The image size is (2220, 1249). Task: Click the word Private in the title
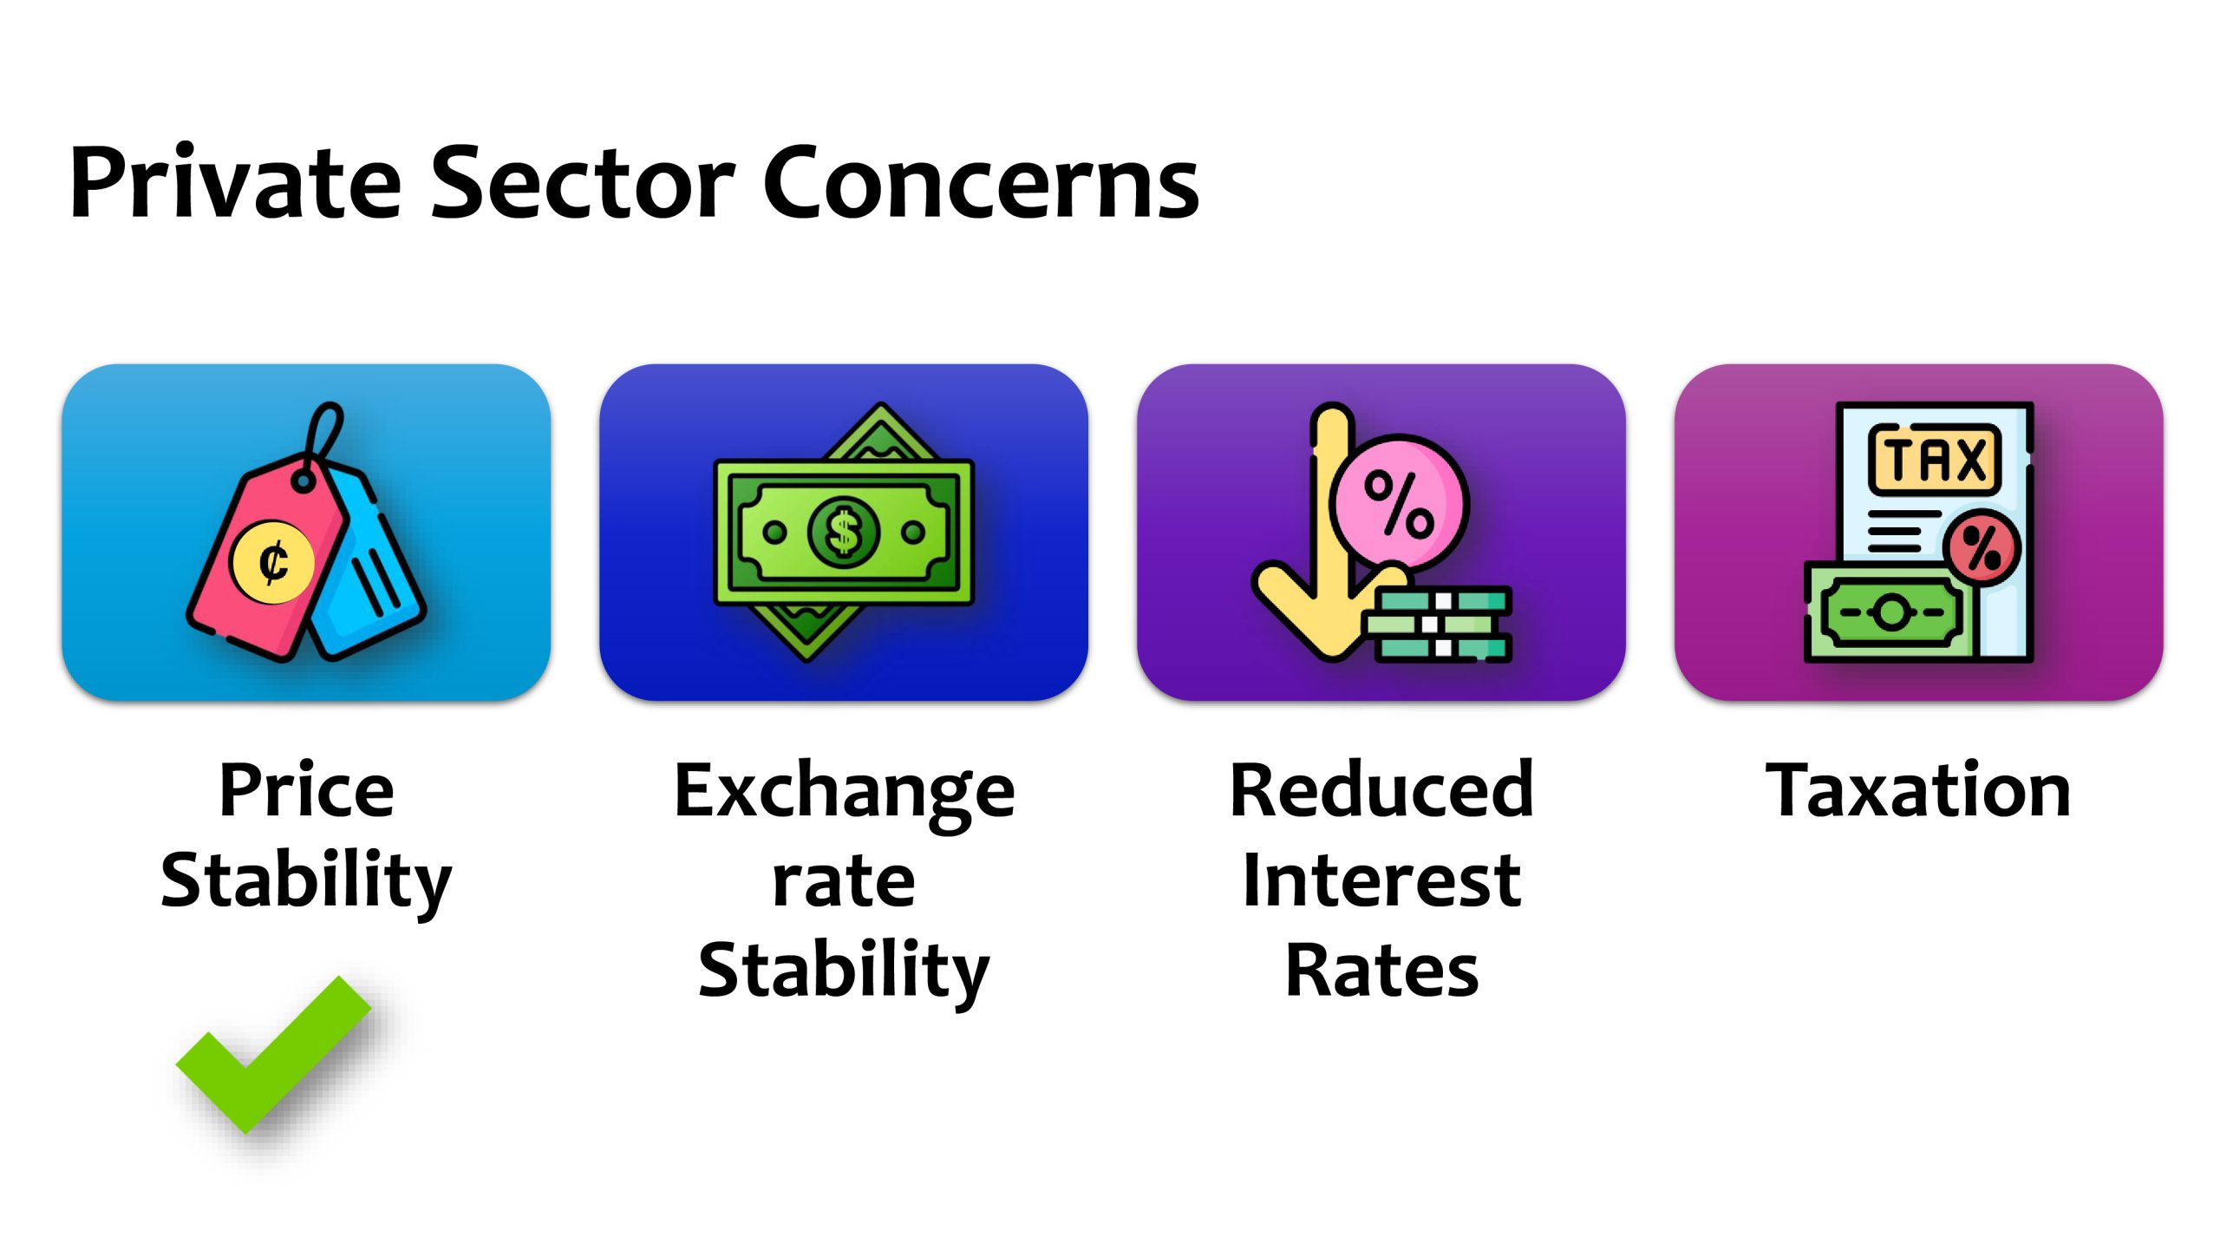pyautogui.click(x=235, y=183)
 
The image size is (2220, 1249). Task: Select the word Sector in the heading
pyautogui.click(x=584, y=183)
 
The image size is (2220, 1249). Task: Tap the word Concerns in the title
pyautogui.click(x=981, y=183)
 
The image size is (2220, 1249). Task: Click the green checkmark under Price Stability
pyautogui.click(x=273, y=1055)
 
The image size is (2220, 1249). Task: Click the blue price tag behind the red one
pyautogui.click(x=369, y=564)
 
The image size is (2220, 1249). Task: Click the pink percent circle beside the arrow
pyautogui.click(x=1399, y=503)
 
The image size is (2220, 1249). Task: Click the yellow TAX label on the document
pyautogui.click(x=1934, y=459)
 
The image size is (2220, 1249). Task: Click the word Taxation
pyautogui.click(x=1918, y=790)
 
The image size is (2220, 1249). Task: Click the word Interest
pyautogui.click(x=1381, y=880)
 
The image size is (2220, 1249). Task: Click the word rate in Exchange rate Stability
pyautogui.click(x=844, y=882)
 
